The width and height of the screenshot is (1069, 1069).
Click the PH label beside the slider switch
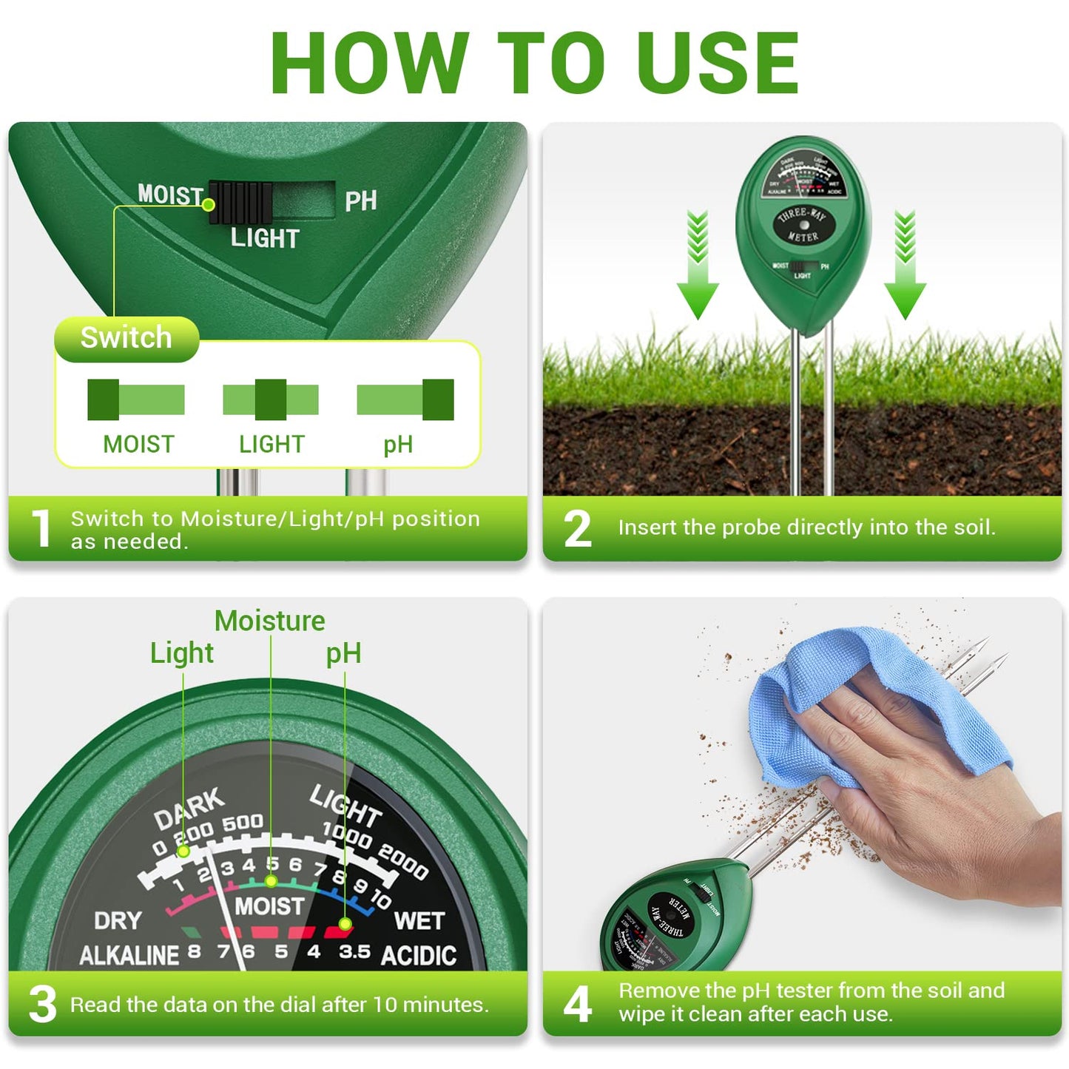(360, 201)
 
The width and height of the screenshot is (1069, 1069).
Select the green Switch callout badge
(127, 338)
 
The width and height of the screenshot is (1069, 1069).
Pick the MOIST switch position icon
(135, 399)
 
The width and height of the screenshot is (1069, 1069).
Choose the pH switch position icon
(405, 399)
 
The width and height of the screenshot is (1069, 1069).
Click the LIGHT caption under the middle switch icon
(272, 444)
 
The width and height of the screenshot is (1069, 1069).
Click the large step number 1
(42, 528)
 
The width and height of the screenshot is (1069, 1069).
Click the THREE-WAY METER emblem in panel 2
(803, 224)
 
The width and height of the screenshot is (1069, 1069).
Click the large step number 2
(578, 528)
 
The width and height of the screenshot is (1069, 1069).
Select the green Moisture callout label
(269, 621)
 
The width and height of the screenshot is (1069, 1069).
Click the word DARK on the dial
(189, 808)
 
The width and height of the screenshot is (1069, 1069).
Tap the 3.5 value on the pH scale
(354, 951)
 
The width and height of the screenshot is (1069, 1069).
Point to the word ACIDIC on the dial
(418, 955)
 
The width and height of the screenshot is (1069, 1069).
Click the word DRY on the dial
(118, 920)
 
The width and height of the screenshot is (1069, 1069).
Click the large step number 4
(578, 1004)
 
